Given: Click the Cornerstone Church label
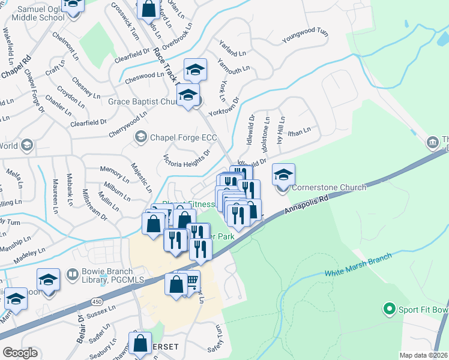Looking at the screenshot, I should pos(329,187).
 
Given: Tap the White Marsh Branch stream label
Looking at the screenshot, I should pos(358,265).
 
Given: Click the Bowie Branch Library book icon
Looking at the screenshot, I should pos(72,274).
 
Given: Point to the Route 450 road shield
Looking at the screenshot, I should pos(97,300).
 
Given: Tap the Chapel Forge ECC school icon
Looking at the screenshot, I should pos(140,137).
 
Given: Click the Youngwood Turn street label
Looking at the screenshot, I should pos(306,35).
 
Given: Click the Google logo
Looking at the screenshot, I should pos(20,352).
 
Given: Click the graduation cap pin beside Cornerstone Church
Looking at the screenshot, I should pos(284,175).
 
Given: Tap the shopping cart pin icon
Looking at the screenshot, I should pos(191,281).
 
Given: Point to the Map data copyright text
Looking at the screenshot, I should pos(424,355).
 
